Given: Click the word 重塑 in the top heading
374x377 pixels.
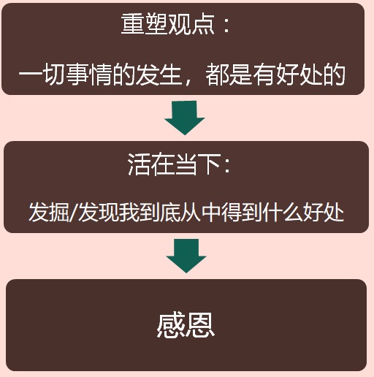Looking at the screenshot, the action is [x=145, y=24].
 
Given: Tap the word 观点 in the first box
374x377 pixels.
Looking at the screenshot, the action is [x=191, y=24].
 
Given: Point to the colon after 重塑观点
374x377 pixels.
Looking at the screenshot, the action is [x=226, y=26].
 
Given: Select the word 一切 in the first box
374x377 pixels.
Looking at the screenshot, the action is [x=42, y=74].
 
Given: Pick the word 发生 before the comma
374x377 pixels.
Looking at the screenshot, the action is [x=159, y=74].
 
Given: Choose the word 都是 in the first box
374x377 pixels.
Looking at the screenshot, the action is [x=229, y=74].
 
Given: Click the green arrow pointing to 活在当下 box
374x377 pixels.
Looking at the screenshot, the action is [x=185, y=118].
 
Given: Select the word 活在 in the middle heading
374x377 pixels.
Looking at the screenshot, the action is [x=151, y=164].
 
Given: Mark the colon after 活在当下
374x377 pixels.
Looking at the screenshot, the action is [x=227, y=166].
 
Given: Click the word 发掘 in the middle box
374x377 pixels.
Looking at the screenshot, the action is [x=49, y=212].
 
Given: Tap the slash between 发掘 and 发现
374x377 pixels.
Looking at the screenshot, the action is [x=74, y=213].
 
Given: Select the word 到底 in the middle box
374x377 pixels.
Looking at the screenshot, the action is [x=160, y=212].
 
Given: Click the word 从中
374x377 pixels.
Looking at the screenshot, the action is [x=201, y=212].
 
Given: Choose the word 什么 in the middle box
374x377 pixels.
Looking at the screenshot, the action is [x=283, y=212].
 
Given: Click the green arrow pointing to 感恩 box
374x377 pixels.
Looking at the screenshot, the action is [x=186, y=256].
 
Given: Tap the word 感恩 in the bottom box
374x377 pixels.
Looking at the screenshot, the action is [x=186, y=326].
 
